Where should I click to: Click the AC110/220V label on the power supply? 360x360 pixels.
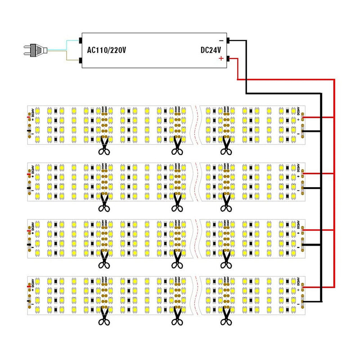coord(107,50)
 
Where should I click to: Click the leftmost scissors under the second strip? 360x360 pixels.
coord(104,202)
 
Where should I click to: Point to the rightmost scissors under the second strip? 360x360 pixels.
coord(225,202)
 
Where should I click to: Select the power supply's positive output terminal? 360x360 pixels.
coord(229,59)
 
